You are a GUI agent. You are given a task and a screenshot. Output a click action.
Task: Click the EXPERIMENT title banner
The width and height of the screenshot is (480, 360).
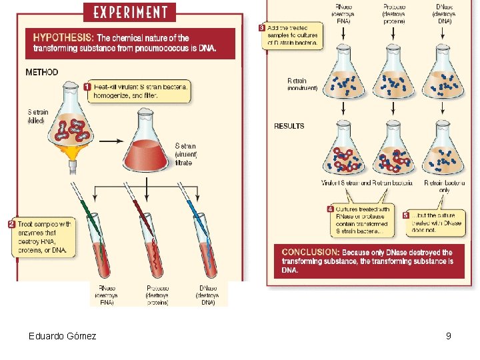129,12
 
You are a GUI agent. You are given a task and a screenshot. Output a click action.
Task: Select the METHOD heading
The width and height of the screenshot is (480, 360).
42,72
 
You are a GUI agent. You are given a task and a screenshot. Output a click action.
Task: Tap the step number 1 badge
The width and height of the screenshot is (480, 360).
87,87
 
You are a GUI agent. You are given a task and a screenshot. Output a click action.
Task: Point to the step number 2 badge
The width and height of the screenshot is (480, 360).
11,225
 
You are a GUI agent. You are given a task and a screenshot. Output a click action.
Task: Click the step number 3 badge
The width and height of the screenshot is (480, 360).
262,28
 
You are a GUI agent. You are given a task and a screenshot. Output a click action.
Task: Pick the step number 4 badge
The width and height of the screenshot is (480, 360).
330,209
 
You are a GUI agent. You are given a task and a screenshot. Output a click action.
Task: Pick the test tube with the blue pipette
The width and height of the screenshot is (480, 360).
207,247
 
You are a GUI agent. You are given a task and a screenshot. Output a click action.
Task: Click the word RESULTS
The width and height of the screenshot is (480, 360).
289,126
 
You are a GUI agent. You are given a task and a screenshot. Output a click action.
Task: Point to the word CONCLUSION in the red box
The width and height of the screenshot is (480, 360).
310,253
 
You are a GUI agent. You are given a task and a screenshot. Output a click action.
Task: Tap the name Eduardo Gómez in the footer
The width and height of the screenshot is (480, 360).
62,336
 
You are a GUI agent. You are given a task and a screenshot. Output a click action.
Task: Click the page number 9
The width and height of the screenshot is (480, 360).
449,336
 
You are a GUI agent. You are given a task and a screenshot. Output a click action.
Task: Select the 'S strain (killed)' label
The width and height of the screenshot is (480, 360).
37,117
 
